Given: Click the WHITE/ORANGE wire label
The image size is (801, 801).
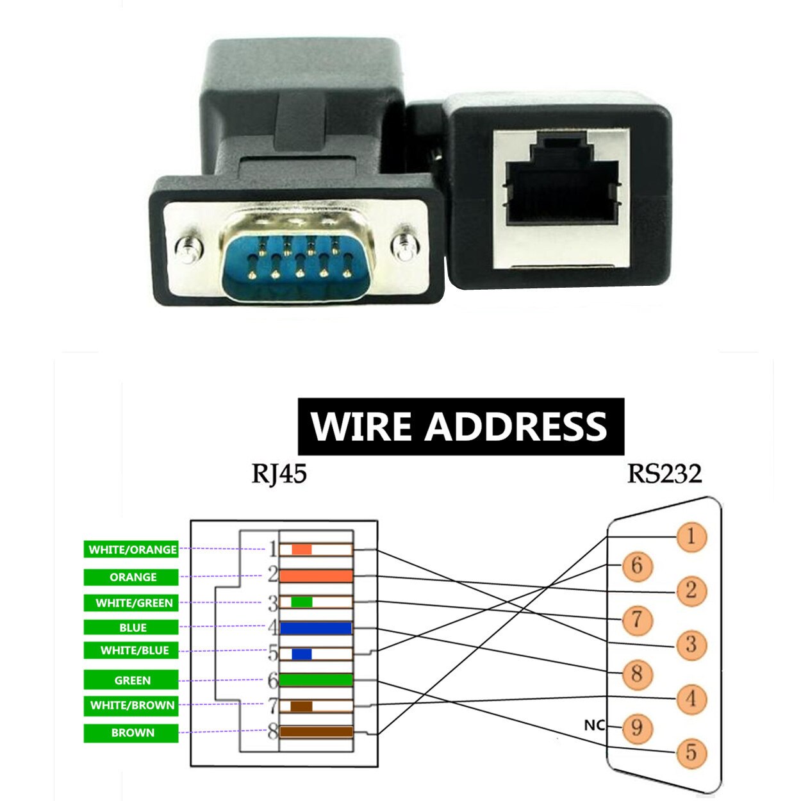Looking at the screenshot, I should coord(131,549).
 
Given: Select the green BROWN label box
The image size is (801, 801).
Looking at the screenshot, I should coord(131,733).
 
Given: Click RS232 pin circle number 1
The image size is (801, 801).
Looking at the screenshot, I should coord(690,536).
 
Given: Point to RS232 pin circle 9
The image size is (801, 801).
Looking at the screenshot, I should coord(636,728).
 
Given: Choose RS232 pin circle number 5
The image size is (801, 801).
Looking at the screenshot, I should coord(690,752).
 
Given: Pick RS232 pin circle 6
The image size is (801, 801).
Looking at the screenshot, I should coord(636,565).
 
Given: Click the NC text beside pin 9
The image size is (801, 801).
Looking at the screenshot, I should coord(594,725).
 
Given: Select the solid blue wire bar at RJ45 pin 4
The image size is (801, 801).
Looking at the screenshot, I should coord(316,628).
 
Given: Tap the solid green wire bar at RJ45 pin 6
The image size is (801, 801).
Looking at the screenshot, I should coord(316,680).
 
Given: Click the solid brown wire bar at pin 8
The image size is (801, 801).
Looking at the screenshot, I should coord(316,732).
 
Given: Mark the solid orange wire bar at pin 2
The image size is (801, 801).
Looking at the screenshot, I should coord(316,576).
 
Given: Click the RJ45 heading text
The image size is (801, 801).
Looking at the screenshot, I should coord(279,474).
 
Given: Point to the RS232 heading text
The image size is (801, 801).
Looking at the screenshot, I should coord(665,474).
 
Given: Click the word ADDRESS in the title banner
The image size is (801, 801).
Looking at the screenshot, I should coord(516,426).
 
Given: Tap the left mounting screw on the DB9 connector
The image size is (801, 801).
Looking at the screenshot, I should coord(188,247).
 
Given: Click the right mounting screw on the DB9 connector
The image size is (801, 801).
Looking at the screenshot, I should coord(405,246).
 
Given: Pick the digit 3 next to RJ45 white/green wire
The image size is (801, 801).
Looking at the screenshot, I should coord(273,603).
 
